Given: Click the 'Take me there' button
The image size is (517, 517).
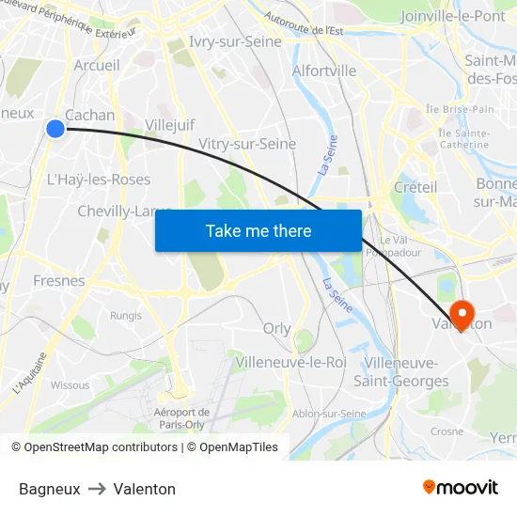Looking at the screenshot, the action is (x=258, y=230).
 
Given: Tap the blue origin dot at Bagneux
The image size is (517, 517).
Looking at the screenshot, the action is (x=55, y=129).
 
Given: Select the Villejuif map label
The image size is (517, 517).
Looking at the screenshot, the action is (x=170, y=124).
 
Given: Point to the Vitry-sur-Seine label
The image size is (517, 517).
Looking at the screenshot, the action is (x=247, y=144).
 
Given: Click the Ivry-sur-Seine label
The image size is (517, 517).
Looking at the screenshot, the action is (x=235, y=42).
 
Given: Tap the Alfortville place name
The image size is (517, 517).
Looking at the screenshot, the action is (x=324, y=70).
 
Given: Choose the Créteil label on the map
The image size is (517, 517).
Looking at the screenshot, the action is (x=415, y=187).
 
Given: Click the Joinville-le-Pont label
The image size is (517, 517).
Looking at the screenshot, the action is (x=452, y=16).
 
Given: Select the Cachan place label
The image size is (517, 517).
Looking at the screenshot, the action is (x=90, y=115).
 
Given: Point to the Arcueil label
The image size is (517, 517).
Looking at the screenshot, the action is (x=97, y=65).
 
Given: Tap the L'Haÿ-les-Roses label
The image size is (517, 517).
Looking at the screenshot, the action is (x=99, y=180).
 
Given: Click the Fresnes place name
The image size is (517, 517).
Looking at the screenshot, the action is (x=59, y=280).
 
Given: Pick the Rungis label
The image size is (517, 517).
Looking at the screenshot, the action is (x=125, y=316).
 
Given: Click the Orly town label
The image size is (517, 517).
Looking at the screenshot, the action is (x=277, y=328).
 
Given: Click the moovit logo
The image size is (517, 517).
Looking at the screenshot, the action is (x=461, y=487).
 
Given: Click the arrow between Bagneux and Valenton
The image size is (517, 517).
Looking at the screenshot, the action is (x=97, y=489).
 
